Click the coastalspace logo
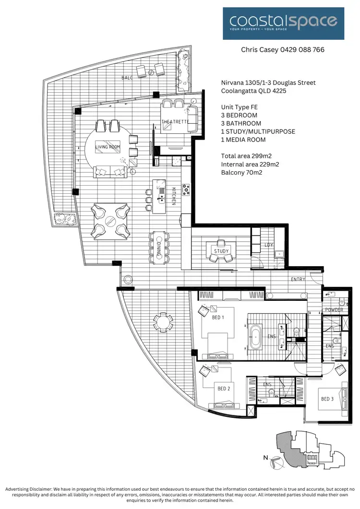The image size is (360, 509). pos(283,23)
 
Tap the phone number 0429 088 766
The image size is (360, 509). pos(297,49)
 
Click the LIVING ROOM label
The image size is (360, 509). pos(108,147)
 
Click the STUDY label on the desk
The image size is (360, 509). pos(221,251)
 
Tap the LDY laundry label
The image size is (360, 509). pos(269,245)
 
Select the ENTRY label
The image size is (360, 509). pos(299,279)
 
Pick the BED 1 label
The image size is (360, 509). pos(218,317)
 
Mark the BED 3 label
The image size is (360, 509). pos(327,399)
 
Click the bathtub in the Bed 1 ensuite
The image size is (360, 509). pos(254,336)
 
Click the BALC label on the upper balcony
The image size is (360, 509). pos(127,77)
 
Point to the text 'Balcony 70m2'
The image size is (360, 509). pos(241,172)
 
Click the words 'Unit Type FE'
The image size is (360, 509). pos(240,107)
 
